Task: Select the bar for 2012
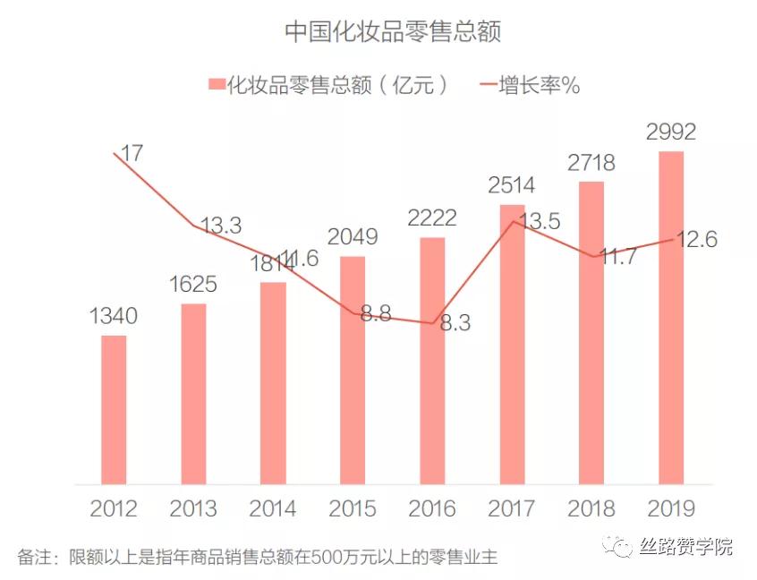pos(114,408)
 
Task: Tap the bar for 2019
pos(671,317)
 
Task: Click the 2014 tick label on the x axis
pos(273,508)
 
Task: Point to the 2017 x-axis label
pos(512,508)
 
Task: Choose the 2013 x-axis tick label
pos(193,508)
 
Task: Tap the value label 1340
pos(113,316)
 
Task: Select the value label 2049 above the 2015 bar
pos(353,237)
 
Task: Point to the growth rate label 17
pos(132,153)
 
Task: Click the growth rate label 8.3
pos(455,323)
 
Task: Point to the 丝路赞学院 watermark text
pos(686,545)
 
